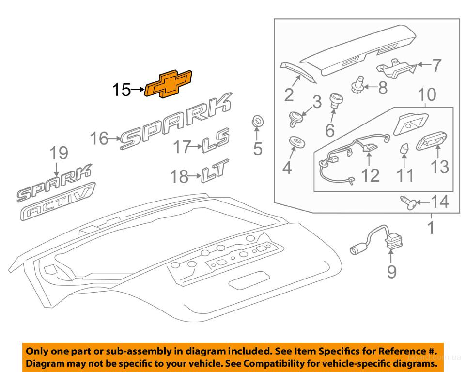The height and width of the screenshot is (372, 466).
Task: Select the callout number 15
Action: click(x=122, y=90)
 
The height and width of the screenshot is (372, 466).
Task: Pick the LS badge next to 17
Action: click(x=215, y=144)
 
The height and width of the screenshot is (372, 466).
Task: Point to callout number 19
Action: click(x=58, y=154)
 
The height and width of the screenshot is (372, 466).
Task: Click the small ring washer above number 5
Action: click(x=258, y=121)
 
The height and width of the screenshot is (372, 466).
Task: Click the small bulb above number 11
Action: click(x=403, y=149)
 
